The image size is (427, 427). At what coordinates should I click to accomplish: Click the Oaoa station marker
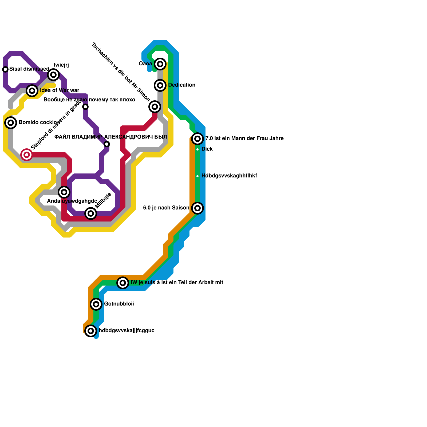pos(160,64)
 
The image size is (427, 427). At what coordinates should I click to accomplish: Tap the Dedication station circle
pos(160,85)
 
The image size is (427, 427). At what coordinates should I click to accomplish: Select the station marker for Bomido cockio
pos(11,122)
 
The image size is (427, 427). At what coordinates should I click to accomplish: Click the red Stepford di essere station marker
pos(27,155)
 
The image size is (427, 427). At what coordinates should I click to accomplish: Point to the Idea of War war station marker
pos(32,90)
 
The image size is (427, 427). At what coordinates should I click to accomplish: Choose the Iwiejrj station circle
pos(53,74)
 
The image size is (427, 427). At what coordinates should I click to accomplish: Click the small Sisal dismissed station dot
pos(5,69)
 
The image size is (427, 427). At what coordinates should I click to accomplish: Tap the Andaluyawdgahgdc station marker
pos(64,192)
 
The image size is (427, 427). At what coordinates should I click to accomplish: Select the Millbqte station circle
pos(91,213)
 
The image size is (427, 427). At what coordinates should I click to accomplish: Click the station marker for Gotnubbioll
pos(96,304)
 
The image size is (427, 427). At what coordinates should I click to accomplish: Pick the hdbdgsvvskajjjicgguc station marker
pos(91,331)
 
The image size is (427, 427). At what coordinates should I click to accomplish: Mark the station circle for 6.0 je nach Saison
pos(197,208)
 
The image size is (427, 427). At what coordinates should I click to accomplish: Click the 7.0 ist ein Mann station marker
pos(197,139)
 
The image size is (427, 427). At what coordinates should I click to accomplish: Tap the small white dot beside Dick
pos(197,149)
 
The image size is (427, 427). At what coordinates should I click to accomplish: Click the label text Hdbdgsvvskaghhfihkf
pos(229,176)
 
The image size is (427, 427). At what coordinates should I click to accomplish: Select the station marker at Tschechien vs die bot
pos(155,106)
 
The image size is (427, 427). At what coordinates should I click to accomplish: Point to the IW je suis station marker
pos(123,283)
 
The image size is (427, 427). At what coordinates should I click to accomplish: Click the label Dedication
pos(182,85)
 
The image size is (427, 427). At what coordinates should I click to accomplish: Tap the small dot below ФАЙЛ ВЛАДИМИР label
pos(107,144)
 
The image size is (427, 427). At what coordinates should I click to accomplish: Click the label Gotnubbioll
pos(119,304)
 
